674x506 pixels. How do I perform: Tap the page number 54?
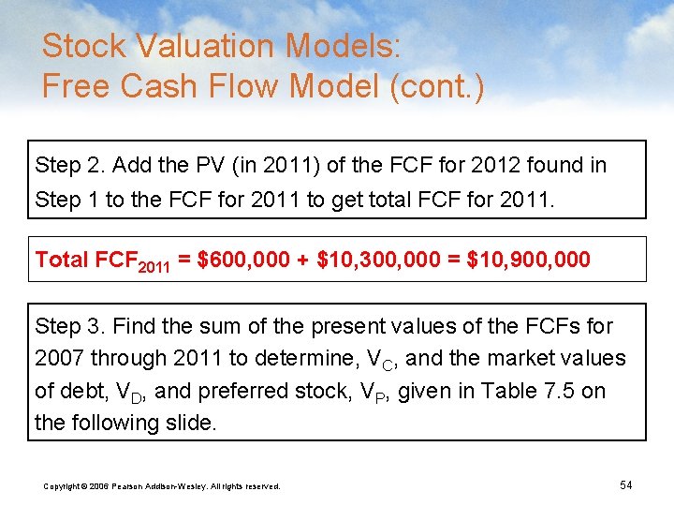[626, 484]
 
